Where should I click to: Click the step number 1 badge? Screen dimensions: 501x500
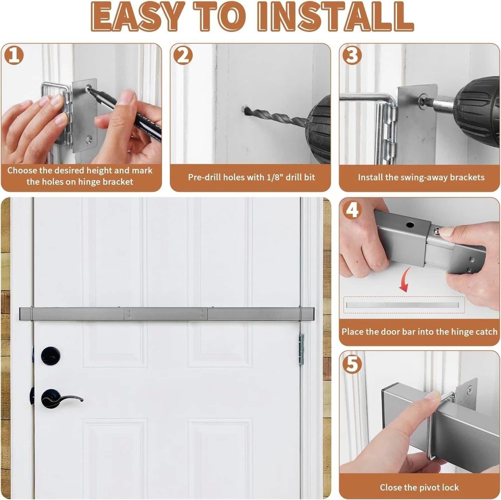click(x=14, y=55)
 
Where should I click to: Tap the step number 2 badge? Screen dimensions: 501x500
click(x=183, y=55)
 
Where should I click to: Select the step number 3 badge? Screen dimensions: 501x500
click(x=352, y=55)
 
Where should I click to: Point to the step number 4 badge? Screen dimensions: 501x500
click(x=352, y=209)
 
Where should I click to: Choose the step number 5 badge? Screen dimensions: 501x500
click(x=352, y=364)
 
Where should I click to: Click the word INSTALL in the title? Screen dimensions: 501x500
click(x=336, y=17)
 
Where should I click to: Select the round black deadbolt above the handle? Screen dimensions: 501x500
click(x=51, y=356)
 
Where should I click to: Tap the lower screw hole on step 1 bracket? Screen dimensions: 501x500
click(x=88, y=139)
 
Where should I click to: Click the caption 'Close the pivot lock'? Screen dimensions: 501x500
click(x=419, y=487)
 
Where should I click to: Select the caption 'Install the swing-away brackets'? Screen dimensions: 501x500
click(x=421, y=177)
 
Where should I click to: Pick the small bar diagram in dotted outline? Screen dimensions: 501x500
click(x=403, y=305)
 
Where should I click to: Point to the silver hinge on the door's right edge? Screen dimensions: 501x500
click(x=301, y=350)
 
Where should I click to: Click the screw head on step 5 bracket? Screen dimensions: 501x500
click(x=470, y=389)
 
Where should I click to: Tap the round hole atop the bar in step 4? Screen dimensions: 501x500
click(x=410, y=225)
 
